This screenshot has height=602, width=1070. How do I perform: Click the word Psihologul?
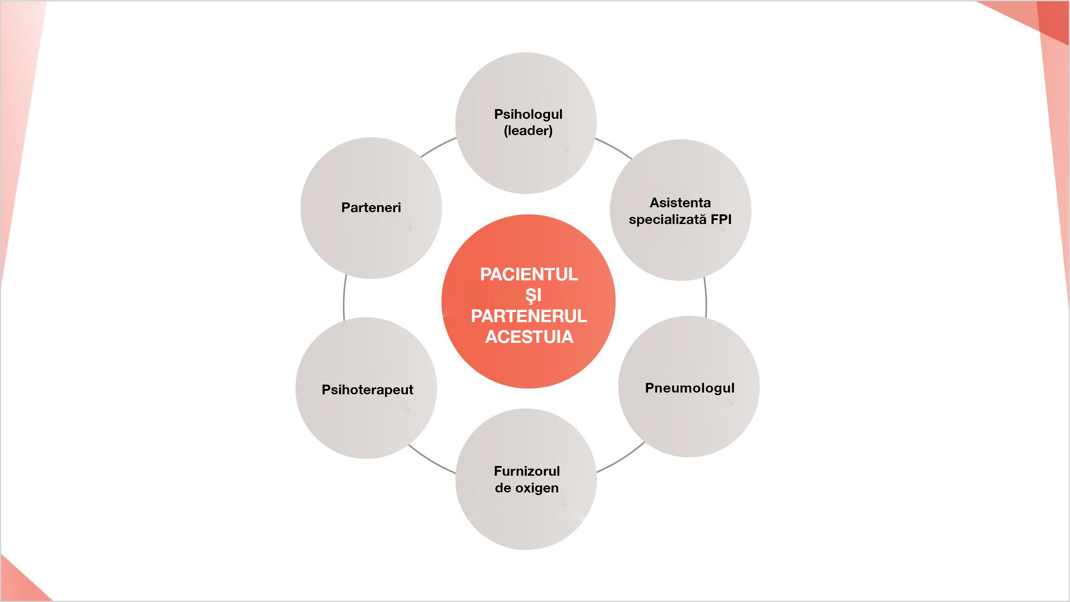click(528, 114)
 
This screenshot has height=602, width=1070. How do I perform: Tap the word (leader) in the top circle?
click(528, 131)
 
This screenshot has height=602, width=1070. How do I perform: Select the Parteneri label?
click(371, 208)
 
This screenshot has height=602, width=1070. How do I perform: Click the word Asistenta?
click(680, 203)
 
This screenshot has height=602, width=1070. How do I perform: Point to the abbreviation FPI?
click(721, 219)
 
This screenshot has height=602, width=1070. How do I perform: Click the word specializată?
click(667, 219)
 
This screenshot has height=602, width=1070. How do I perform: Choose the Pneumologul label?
click(689, 388)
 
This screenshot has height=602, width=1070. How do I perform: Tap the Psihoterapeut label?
click(367, 390)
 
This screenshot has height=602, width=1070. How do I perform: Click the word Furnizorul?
click(527, 471)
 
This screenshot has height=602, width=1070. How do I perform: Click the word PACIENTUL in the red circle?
click(529, 275)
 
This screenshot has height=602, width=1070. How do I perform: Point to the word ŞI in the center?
click(533, 295)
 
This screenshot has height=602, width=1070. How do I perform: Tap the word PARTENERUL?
click(529, 316)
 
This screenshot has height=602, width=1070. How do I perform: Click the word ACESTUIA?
click(529, 337)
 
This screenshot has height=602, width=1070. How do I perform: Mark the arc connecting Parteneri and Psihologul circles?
click(438, 147)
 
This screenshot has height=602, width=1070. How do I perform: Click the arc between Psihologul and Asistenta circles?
click(614, 148)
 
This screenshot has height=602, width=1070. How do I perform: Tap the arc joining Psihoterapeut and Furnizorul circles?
click(431, 460)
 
